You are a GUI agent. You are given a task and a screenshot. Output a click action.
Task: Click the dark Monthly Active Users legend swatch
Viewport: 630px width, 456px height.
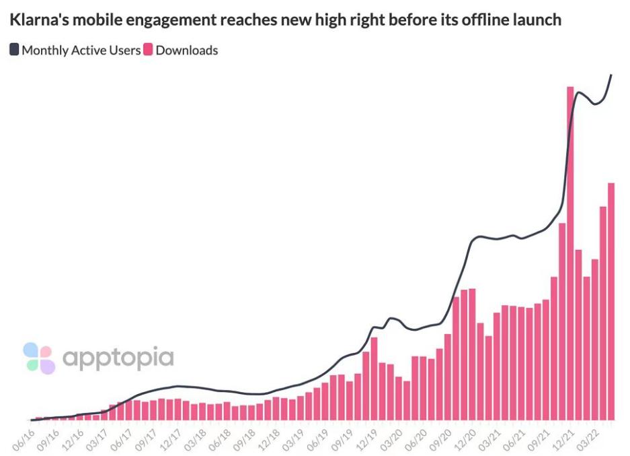pos(15,50)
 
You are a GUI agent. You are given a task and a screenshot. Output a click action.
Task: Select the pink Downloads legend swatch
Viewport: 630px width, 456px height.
pos(149,50)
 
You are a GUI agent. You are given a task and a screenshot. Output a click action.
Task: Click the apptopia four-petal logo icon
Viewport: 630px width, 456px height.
pos(38,358)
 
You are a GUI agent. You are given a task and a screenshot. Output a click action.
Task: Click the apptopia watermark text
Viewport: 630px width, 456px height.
pos(118,358)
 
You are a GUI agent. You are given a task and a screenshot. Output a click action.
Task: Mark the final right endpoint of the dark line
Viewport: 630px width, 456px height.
pos(612,75)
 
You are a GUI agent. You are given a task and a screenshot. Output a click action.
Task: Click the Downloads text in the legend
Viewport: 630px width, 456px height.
pos(187,50)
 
